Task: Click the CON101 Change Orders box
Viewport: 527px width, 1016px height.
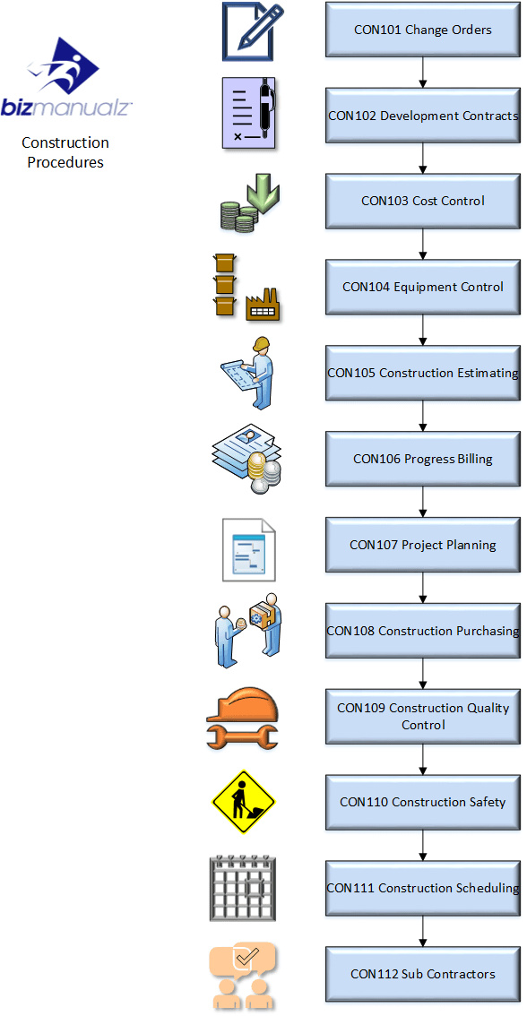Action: point(423,30)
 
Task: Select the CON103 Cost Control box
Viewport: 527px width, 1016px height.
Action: point(423,201)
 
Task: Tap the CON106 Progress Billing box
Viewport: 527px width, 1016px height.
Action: point(423,459)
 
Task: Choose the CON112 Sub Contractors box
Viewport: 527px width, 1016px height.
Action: point(423,974)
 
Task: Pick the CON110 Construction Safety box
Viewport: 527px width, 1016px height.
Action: point(423,802)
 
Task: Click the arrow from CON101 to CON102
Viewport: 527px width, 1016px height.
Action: point(423,73)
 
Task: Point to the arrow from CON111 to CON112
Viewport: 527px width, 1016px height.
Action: point(423,931)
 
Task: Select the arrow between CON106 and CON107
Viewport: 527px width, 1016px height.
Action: point(423,502)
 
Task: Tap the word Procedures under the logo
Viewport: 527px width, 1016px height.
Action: point(65,162)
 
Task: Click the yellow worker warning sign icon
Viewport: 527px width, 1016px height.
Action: point(244,802)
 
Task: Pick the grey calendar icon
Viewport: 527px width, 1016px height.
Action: point(243,888)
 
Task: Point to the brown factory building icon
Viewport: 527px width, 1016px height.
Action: point(263,306)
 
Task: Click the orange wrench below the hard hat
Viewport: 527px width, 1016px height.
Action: point(242,736)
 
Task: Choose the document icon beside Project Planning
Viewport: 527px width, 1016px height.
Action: point(248,549)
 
